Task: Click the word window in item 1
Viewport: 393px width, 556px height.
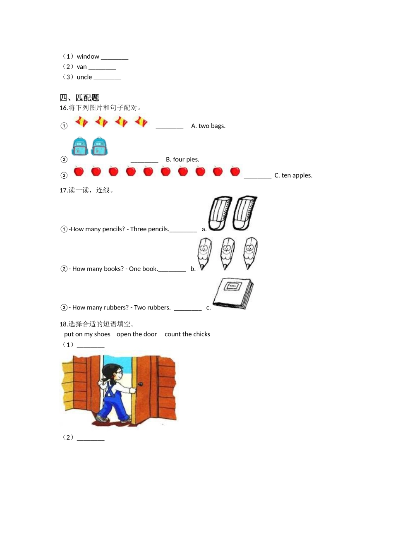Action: [88, 57]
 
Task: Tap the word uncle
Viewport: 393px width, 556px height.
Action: [84, 77]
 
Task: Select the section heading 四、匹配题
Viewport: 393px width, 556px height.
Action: [79, 98]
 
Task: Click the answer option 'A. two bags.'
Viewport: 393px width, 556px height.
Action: [208, 126]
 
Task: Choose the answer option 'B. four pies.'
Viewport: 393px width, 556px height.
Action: [182, 160]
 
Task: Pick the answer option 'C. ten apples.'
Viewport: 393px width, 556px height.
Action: [293, 175]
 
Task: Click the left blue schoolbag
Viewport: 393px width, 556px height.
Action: [80, 147]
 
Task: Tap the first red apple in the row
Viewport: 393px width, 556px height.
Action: [79, 171]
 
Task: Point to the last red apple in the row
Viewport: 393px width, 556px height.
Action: [235, 171]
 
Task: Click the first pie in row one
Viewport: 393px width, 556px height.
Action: [81, 122]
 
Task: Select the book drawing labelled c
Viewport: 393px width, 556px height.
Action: [233, 293]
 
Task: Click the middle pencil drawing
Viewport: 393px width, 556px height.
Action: [227, 253]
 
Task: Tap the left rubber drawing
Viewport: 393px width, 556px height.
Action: [218, 213]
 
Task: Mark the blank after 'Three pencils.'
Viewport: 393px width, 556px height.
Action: [183, 230]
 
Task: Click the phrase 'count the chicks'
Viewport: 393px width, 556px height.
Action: [187, 334]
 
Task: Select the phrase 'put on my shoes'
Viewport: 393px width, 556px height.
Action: [87, 334]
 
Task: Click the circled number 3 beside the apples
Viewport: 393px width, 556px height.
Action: [64, 175]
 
